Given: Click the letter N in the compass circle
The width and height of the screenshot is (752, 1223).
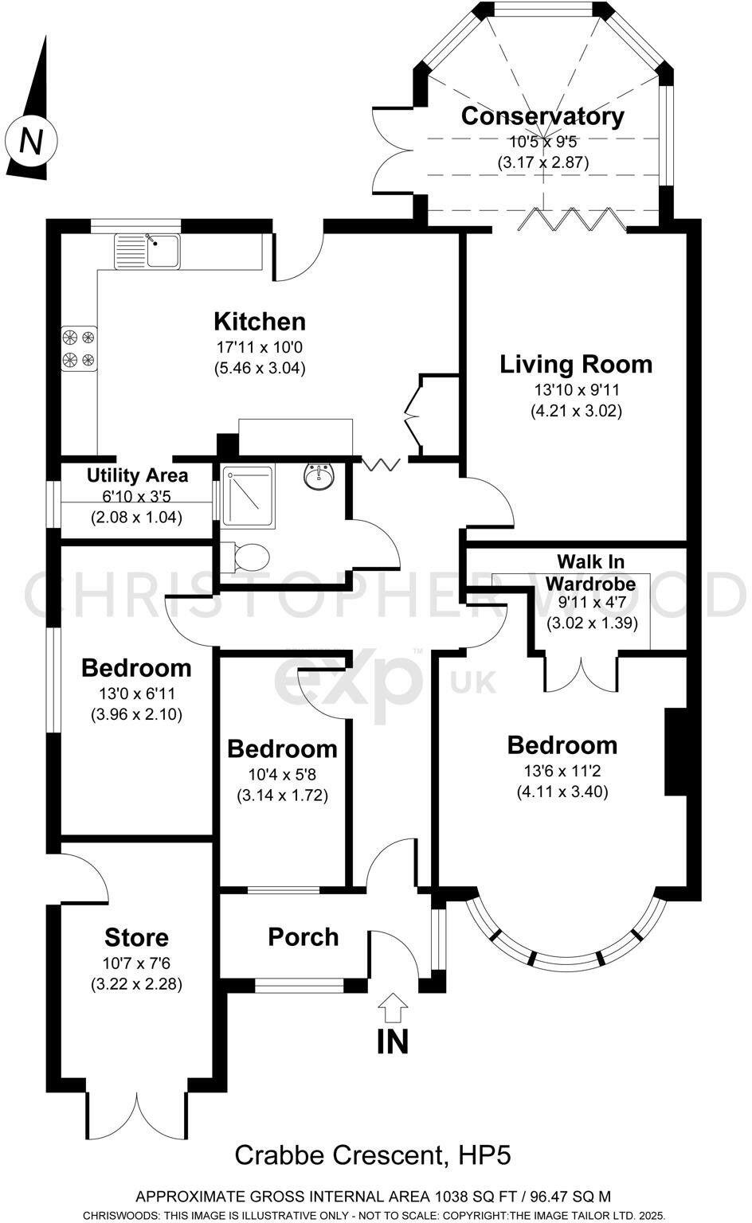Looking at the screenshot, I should pyautogui.click(x=31, y=141).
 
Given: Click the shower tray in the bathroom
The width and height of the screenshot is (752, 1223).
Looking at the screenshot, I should pyautogui.click(x=248, y=497).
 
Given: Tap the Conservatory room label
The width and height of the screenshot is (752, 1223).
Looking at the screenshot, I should pyautogui.click(x=542, y=116).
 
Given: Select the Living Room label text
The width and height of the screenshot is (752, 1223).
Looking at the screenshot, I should pyautogui.click(x=576, y=365).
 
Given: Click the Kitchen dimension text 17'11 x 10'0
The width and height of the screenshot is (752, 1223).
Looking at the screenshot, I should pyautogui.click(x=260, y=348).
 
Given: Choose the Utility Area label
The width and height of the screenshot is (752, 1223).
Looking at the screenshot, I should pyautogui.click(x=137, y=476).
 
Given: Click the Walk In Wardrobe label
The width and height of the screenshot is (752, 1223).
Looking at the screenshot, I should pyautogui.click(x=590, y=572).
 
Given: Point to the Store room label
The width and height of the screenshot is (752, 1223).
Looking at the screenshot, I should pyautogui.click(x=136, y=937).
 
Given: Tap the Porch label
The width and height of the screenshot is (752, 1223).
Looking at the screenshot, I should pyautogui.click(x=303, y=937).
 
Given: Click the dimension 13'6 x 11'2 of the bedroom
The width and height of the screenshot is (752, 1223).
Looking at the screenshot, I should pyautogui.click(x=562, y=771).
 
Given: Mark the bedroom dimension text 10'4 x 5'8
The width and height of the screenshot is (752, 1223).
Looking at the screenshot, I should pyautogui.click(x=282, y=774).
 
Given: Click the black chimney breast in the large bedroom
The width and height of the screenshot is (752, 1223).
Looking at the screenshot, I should pyautogui.click(x=675, y=751).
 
